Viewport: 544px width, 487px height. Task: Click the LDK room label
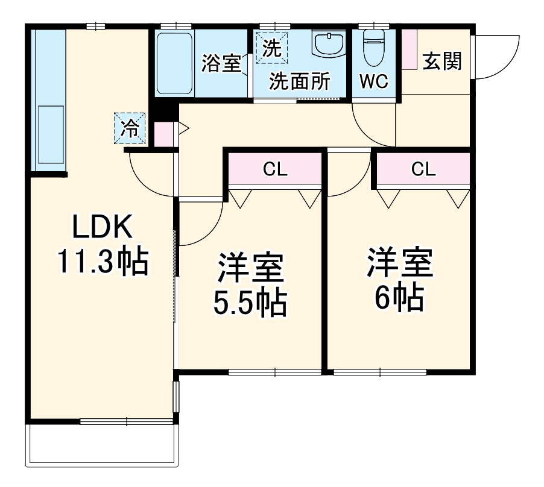coord(102,228)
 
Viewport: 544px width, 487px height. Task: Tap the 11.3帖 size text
coord(102,263)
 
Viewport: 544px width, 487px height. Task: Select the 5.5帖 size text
coord(250,303)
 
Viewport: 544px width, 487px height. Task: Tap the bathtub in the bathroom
coord(175,64)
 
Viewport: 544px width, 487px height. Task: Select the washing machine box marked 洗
coord(271,48)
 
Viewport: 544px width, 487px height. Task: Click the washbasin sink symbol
coord(329,45)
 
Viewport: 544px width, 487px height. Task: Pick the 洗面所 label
coord(299,81)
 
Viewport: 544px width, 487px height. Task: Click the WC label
coord(374,82)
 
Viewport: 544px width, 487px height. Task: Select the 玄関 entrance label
coord(441,61)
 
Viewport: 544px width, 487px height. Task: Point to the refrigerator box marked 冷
coord(130,128)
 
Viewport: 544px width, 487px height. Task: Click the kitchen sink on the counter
coord(51,135)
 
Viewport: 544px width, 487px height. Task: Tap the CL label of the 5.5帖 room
coord(275,170)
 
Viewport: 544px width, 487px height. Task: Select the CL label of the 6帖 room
coord(423,170)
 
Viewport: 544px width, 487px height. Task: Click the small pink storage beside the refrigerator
coord(163,134)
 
